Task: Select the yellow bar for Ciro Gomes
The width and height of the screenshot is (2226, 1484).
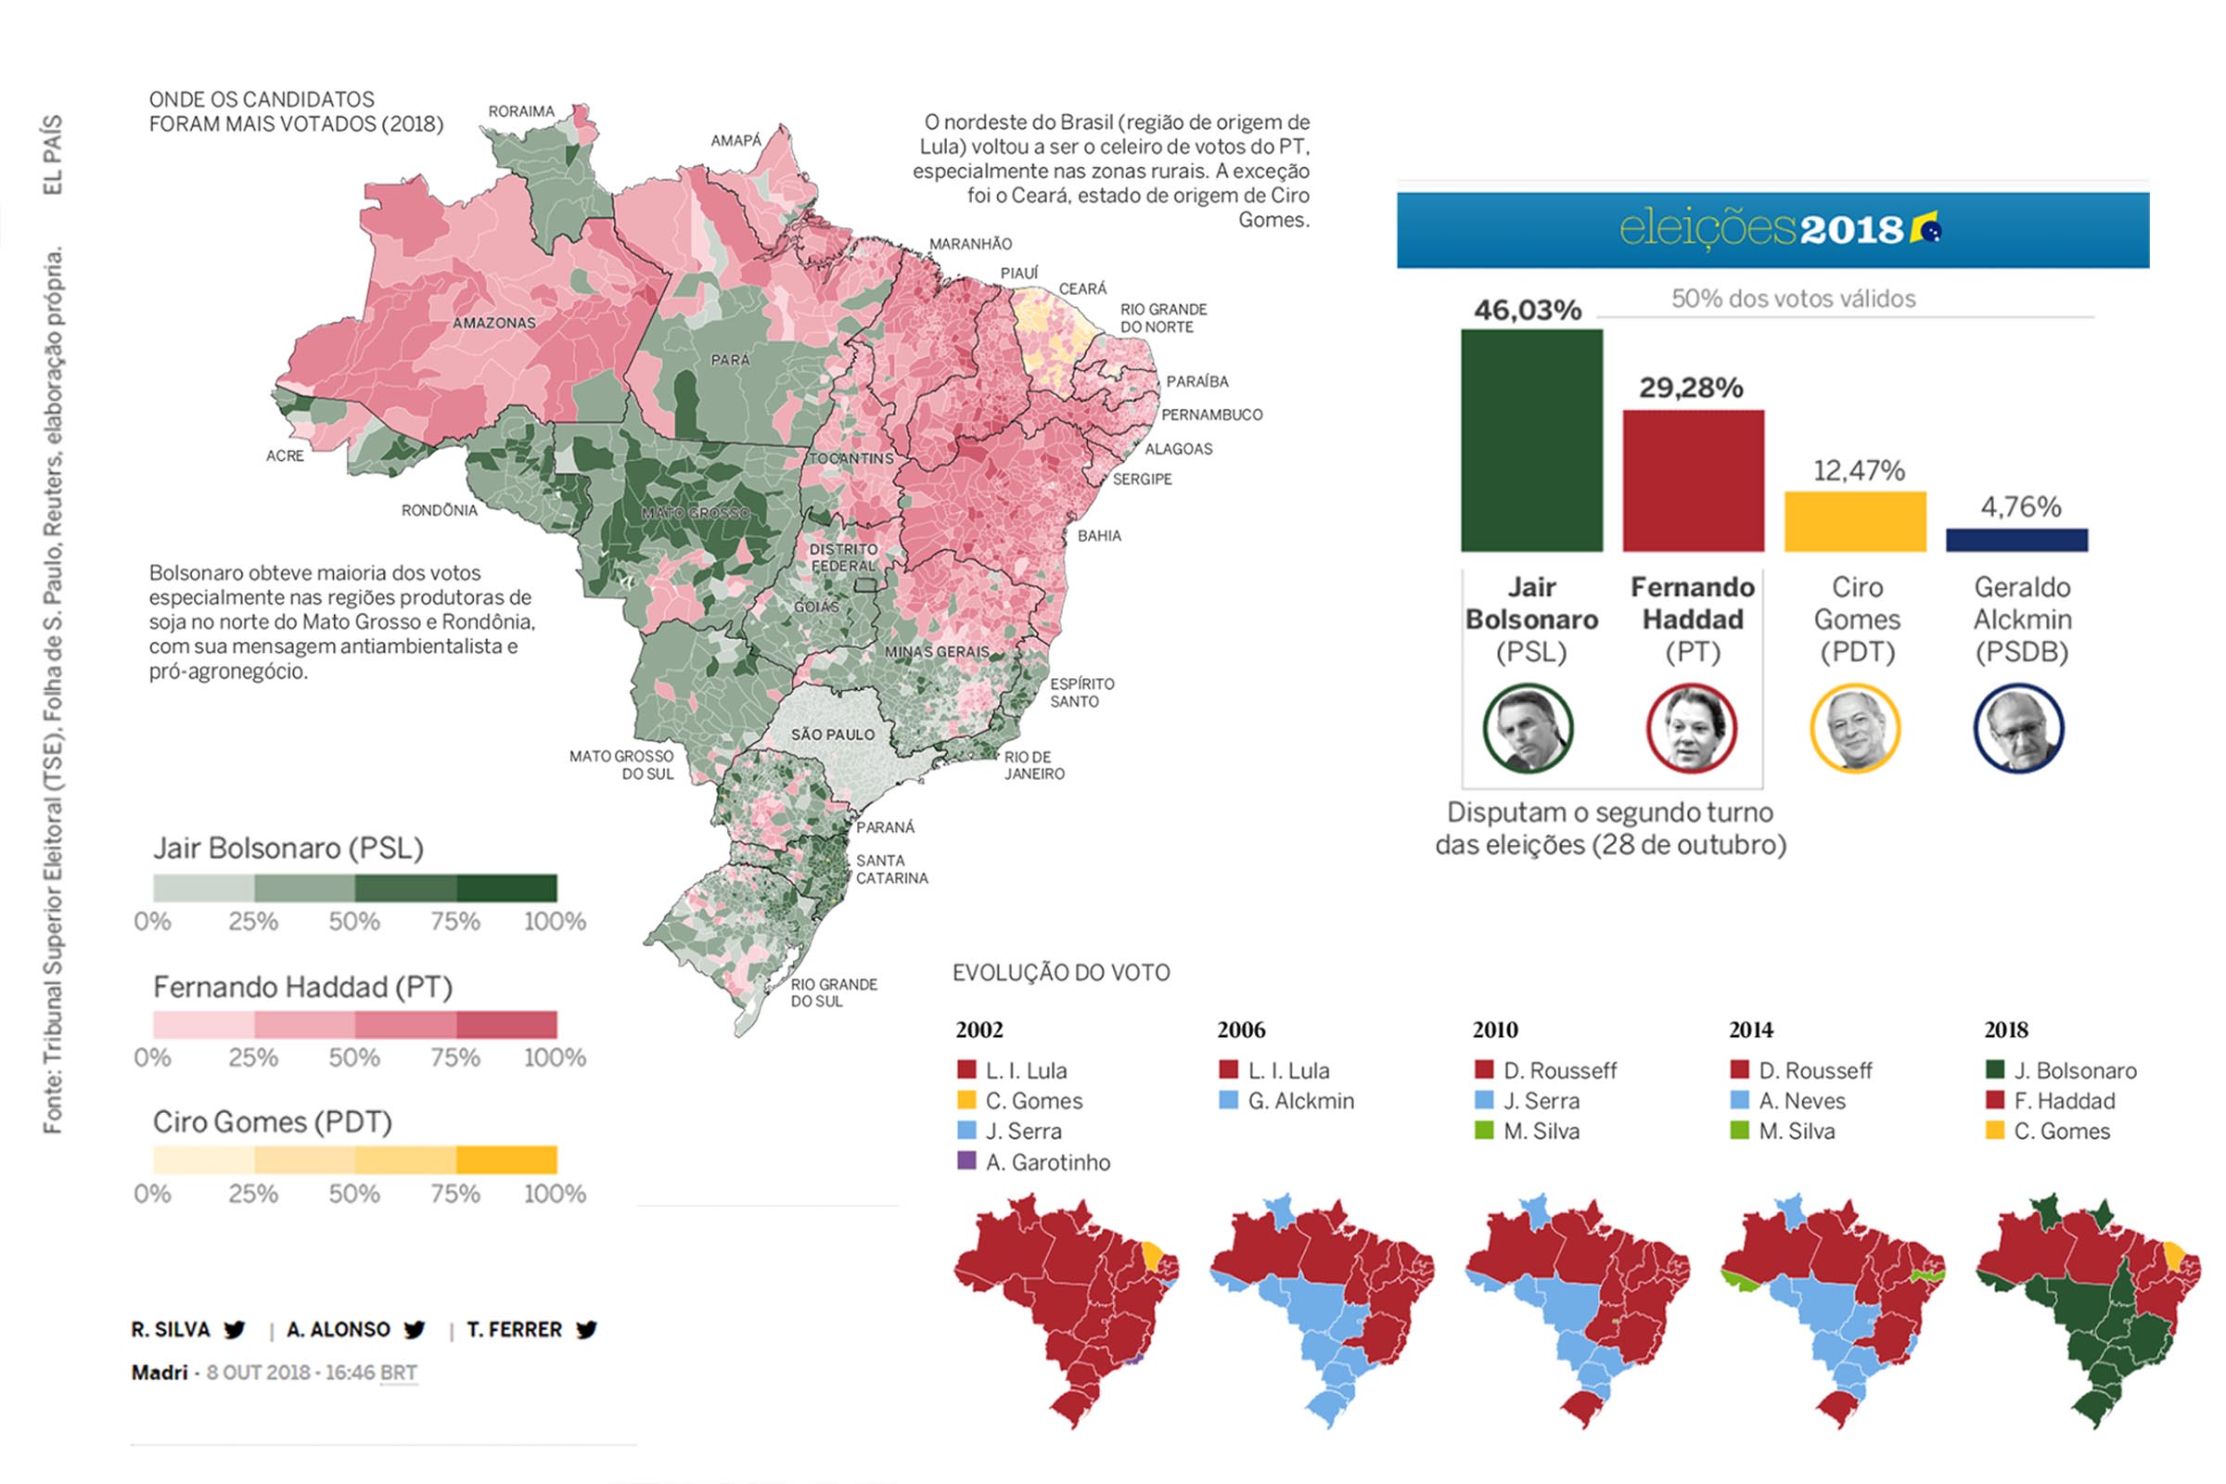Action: tap(1855, 521)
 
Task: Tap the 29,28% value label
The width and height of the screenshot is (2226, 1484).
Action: tap(1691, 388)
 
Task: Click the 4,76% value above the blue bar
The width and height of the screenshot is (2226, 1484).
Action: tap(2021, 507)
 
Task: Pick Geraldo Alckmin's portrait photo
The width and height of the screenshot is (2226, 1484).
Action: tap(2019, 729)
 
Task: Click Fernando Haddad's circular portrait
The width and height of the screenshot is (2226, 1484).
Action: tap(1691, 729)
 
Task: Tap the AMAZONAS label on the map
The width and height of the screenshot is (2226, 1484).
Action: tap(494, 323)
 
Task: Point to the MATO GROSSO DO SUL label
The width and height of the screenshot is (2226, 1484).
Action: tap(620, 764)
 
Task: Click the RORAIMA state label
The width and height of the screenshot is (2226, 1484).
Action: tap(520, 111)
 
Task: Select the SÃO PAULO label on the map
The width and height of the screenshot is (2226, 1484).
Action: tap(833, 735)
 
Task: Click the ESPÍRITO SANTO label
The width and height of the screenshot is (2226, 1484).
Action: tap(1081, 692)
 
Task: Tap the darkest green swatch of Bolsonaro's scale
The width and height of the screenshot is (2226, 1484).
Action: tap(506, 888)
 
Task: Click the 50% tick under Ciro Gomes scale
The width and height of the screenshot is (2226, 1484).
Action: tap(354, 1194)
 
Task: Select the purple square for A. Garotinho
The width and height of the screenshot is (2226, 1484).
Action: tap(966, 1161)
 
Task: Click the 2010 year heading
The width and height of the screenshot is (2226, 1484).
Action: tap(1494, 1030)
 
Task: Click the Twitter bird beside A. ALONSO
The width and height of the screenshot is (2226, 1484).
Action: tap(414, 1330)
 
